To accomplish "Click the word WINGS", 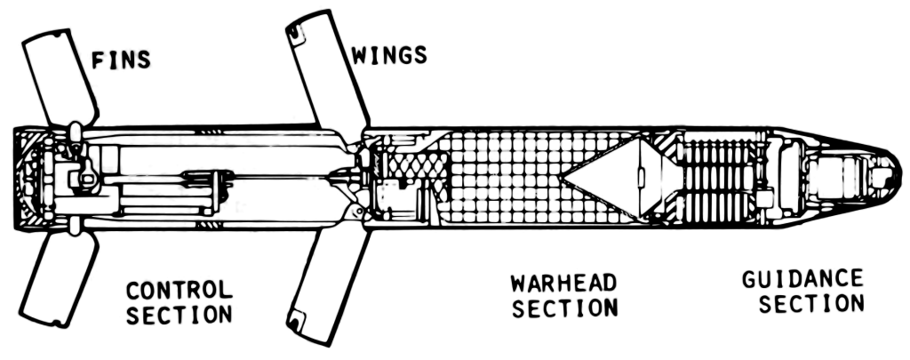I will (x=389, y=54).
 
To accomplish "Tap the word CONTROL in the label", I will (x=180, y=291).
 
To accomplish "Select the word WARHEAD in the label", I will (x=563, y=284).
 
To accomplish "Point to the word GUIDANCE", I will (x=802, y=279).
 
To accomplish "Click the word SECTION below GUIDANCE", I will (x=812, y=304).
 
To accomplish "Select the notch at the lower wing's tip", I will (x=297, y=318).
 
